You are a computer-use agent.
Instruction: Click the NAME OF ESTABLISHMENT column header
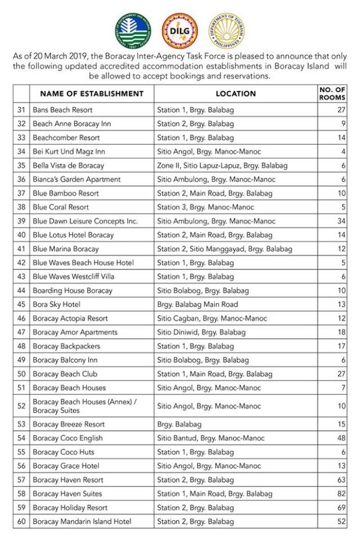click(x=92, y=93)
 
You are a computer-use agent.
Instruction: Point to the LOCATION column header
click(x=236, y=93)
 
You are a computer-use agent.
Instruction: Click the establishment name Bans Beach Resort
click(x=63, y=110)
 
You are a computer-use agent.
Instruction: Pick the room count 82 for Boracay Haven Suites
click(x=341, y=494)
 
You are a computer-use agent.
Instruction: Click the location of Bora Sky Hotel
click(x=197, y=304)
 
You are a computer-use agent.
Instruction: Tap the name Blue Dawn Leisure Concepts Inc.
click(x=85, y=221)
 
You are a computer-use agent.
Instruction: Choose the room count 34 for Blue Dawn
click(x=341, y=221)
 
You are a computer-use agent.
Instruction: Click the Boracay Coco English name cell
click(x=67, y=438)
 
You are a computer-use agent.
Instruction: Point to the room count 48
click(x=341, y=438)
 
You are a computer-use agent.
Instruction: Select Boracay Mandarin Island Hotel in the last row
click(x=82, y=521)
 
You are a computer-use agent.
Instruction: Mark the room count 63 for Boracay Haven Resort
click(x=341, y=480)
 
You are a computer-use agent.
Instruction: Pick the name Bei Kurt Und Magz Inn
click(x=69, y=152)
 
